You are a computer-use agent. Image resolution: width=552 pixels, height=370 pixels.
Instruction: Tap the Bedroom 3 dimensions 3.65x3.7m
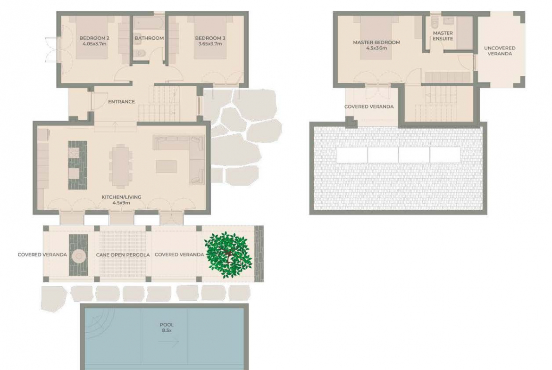[x=210, y=44]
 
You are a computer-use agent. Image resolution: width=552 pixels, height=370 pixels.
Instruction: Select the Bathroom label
[x=149, y=38]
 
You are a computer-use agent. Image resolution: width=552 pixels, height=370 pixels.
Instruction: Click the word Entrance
[x=121, y=102]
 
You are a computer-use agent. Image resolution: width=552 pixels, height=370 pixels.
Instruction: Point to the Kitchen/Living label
[x=121, y=197]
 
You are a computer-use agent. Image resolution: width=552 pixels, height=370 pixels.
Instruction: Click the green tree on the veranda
[x=228, y=255]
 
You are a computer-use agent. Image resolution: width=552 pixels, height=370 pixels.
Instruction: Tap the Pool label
[x=167, y=325]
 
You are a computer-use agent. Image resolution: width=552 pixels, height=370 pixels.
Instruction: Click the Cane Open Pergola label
[x=123, y=255]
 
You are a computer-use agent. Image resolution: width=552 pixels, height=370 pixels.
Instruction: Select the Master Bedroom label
[x=376, y=42]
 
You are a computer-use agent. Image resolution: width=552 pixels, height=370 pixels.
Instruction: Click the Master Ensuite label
[x=443, y=36]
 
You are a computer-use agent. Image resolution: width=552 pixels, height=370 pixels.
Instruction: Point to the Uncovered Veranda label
[x=500, y=50]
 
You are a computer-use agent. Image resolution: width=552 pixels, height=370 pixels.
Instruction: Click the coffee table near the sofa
[x=166, y=166]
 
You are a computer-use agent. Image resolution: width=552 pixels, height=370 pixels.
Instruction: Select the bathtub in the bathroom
[x=149, y=24]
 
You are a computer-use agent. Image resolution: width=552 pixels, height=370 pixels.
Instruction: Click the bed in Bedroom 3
[x=210, y=37]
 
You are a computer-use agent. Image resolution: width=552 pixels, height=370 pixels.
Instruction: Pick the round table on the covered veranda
[x=78, y=255]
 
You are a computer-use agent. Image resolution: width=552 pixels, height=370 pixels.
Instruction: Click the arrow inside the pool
[x=173, y=341]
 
